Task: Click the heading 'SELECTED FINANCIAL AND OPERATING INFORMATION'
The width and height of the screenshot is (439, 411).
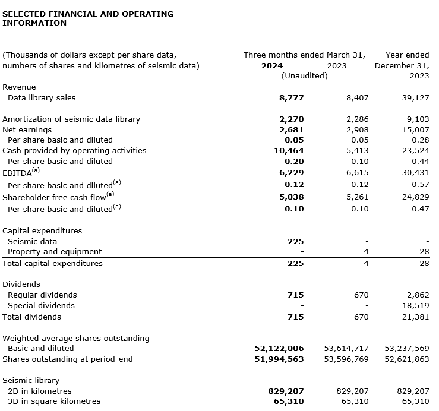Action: [x=88, y=18]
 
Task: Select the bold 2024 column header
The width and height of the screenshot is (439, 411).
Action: [x=272, y=65]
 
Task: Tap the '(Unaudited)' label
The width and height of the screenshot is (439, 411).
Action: [x=304, y=76]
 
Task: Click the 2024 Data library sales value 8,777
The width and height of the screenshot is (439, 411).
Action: [x=291, y=97]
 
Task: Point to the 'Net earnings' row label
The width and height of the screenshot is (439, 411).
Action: [x=27, y=129]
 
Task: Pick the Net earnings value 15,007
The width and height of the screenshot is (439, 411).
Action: [x=416, y=129]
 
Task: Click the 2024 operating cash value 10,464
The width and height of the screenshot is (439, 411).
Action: [x=289, y=151]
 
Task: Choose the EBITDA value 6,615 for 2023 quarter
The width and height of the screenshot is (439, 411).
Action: [x=357, y=172]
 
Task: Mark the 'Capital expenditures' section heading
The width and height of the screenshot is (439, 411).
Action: [x=42, y=230]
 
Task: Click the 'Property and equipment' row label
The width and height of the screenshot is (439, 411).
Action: [x=55, y=252]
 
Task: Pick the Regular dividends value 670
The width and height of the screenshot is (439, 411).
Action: [x=361, y=295]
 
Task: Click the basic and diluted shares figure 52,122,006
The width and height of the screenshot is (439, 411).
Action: [x=279, y=348]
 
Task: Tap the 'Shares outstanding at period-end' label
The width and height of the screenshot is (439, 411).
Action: [x=68, y=359]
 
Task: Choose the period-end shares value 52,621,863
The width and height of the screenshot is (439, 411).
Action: [x=407, y=359]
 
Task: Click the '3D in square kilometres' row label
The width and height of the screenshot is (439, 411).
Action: [x=52, y=401]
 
